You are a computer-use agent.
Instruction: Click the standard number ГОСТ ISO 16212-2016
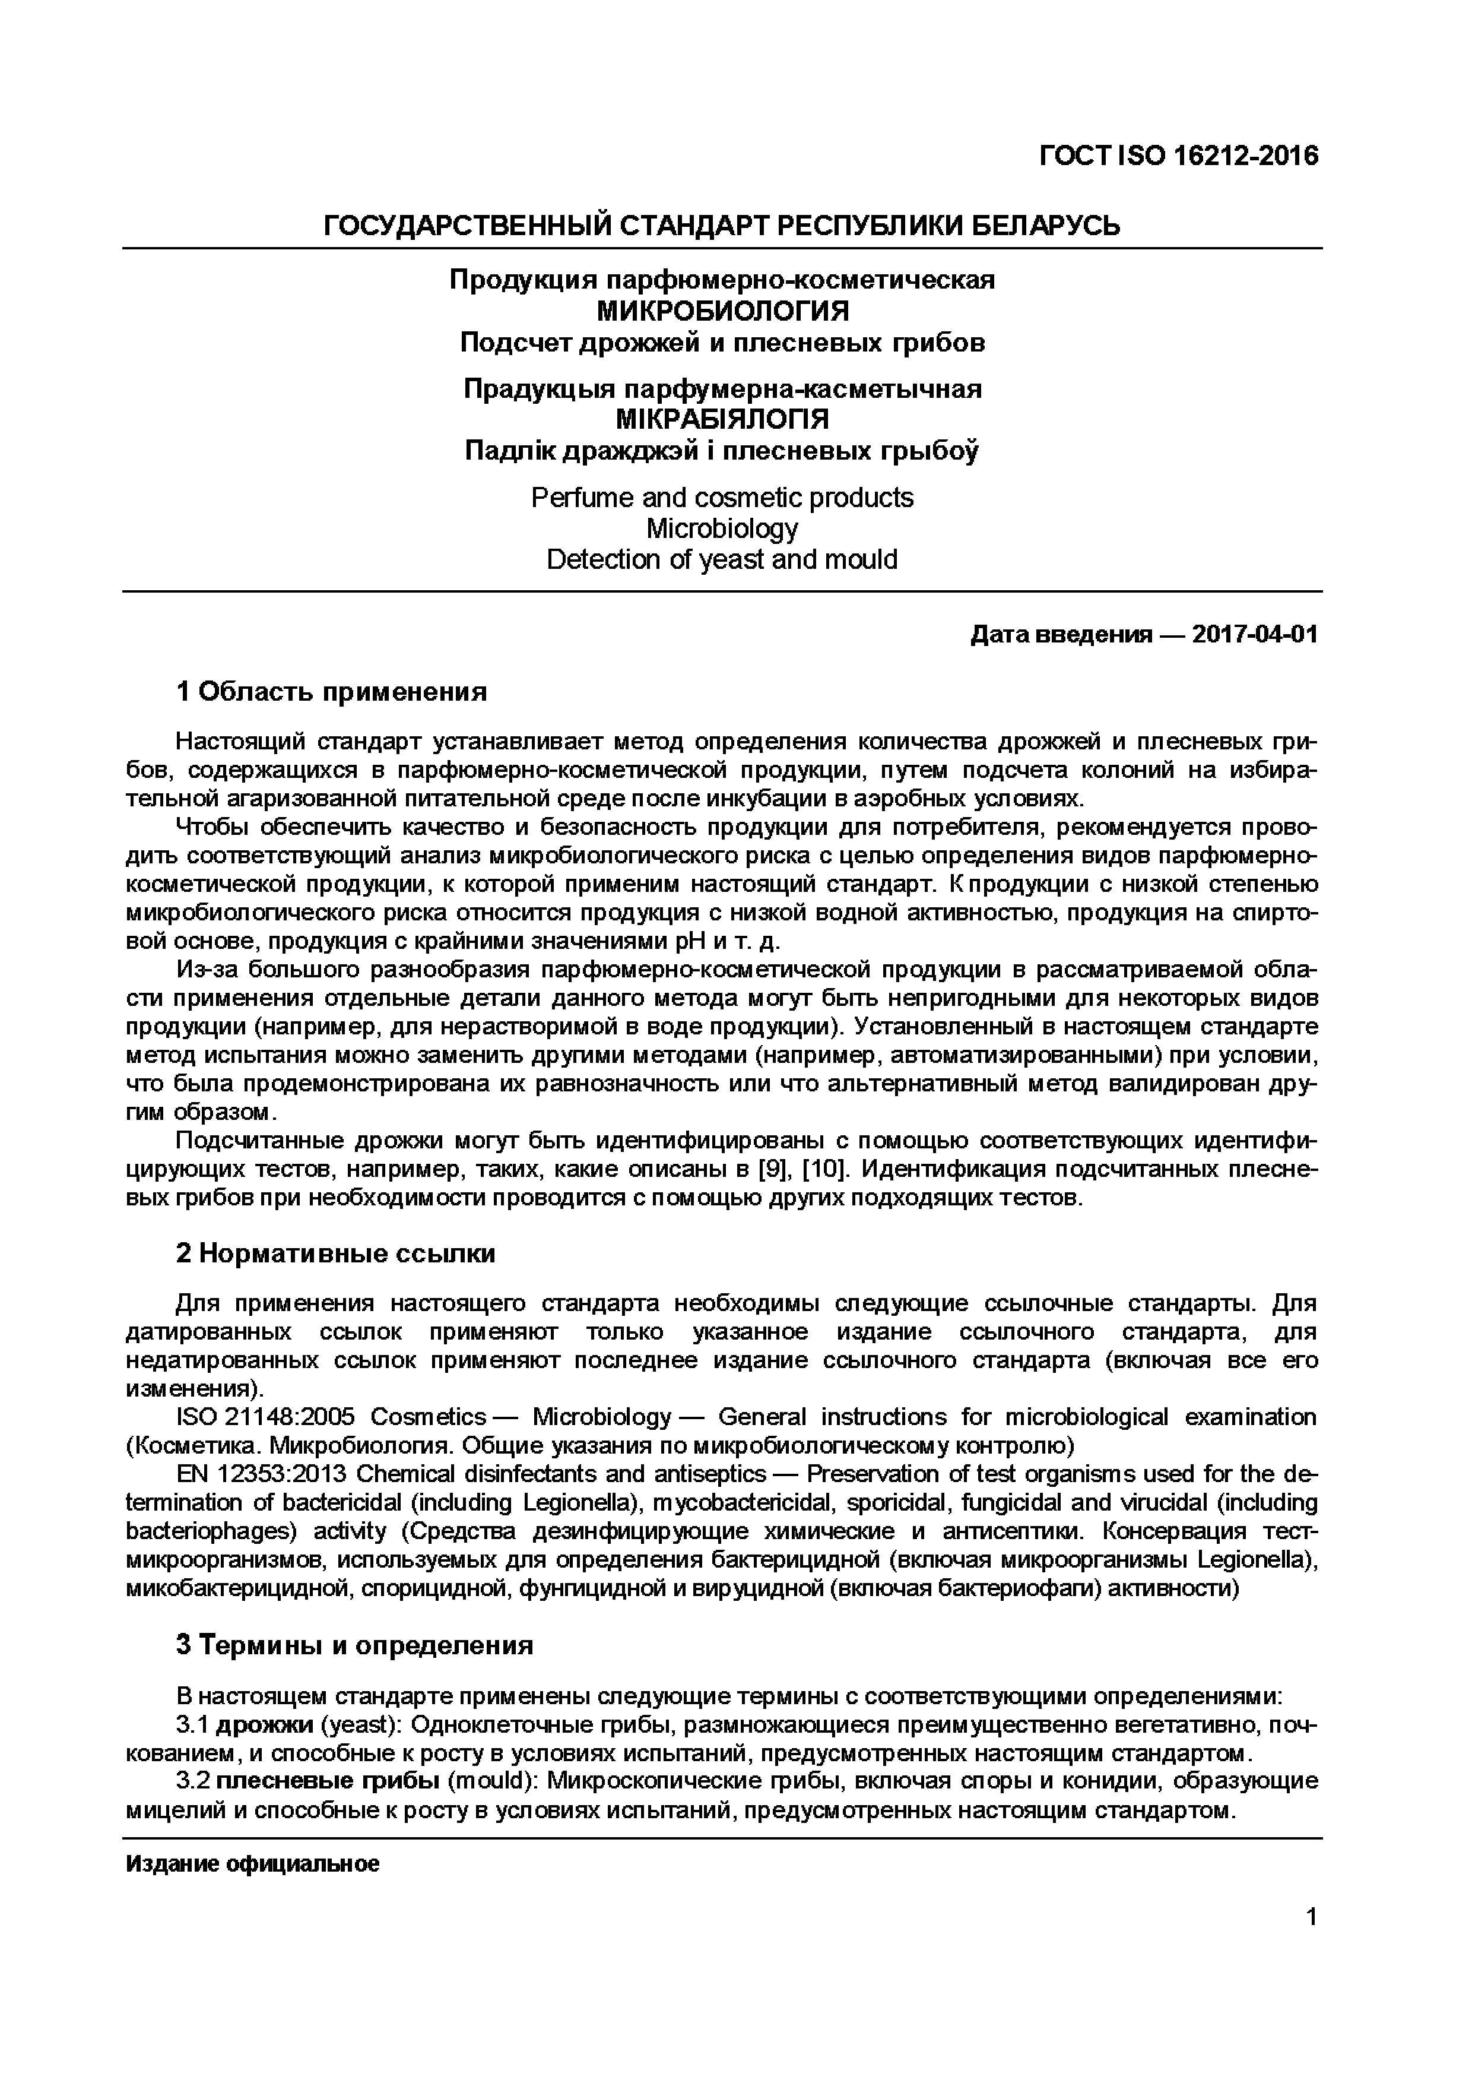pos(1178,157)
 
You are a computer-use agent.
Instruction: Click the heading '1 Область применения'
pos(331,692)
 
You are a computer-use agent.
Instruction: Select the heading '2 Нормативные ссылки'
pos(335,1254)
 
